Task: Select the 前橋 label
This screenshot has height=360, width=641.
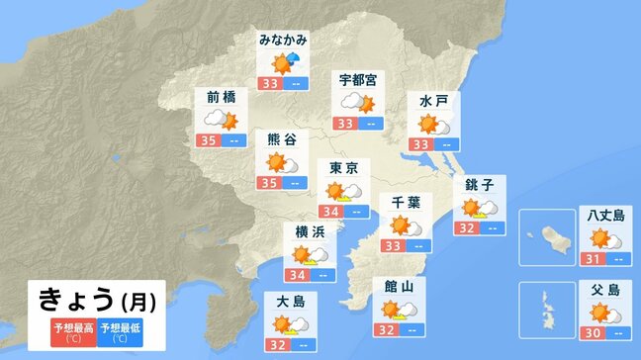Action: tap(222, 97)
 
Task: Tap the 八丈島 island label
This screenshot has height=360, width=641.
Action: tap(603, 215)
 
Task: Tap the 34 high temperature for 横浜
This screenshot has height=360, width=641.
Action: tap(297, 275)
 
